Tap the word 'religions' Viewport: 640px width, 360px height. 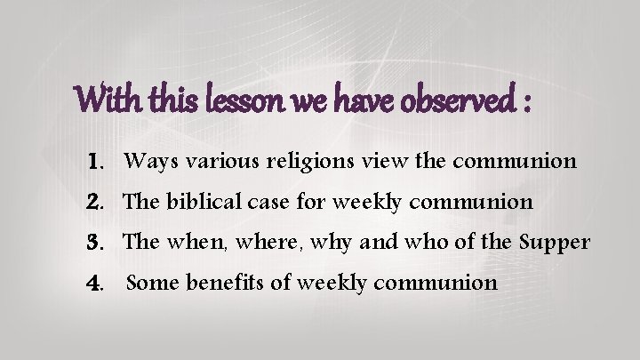click(x=294, y=163)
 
